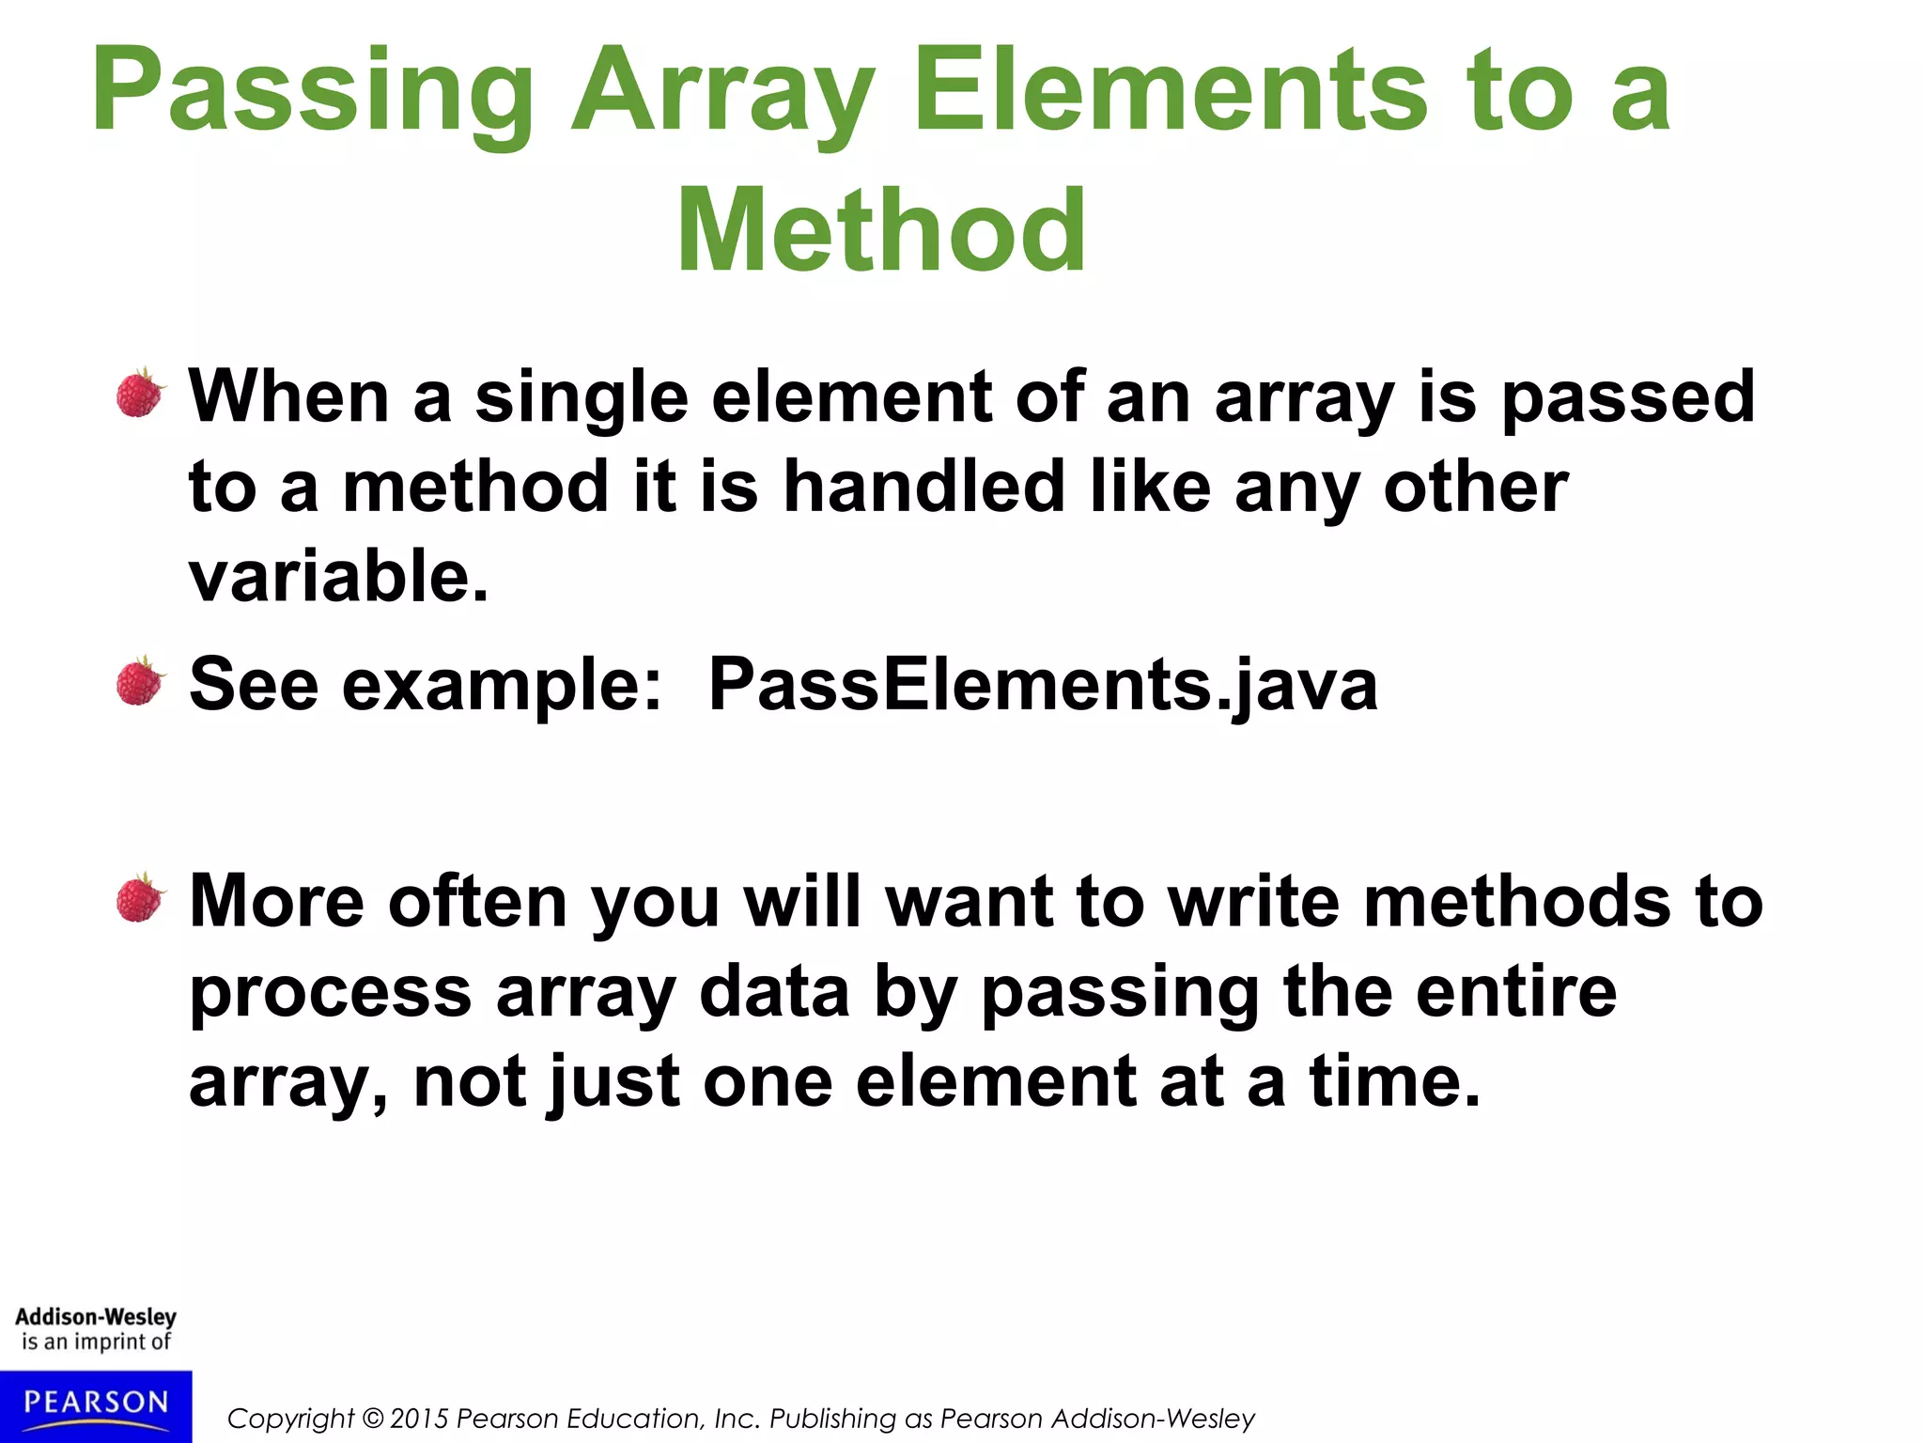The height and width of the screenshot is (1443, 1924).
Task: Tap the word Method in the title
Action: (881, 231)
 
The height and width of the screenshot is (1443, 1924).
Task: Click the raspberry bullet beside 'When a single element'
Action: (141, 393)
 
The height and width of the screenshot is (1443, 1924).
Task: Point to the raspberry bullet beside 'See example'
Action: (141, 681)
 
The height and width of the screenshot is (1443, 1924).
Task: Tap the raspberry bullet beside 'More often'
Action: (141, 898)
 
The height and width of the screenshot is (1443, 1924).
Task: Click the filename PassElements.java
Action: (1043, 684)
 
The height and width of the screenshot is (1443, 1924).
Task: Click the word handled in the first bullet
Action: (923, 487)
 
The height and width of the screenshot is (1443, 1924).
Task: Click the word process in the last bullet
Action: (330, 994)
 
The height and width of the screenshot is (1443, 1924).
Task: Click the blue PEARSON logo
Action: (96, 1404)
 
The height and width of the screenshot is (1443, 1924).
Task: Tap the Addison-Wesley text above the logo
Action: (96, 1316)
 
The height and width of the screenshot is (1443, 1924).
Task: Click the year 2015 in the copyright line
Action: (420, 1419)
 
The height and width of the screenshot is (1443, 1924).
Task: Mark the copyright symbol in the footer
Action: (373, 1419)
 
